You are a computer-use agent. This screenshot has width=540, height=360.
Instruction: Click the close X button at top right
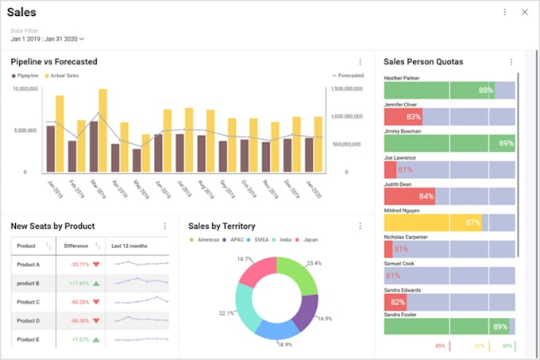(524, 13)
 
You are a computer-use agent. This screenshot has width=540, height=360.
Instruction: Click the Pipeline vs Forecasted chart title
(54, 62)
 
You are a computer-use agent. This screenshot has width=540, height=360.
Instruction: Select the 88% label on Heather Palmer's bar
(485, 91)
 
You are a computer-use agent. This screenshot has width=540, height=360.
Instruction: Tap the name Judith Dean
(397, 184)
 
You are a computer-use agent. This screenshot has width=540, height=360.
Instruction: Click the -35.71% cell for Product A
(79, 265)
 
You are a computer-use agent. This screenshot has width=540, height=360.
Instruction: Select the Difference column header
(76, 246)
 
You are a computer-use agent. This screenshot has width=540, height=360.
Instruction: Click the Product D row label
(28, 320)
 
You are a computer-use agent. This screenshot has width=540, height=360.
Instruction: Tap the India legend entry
(284, 239)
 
